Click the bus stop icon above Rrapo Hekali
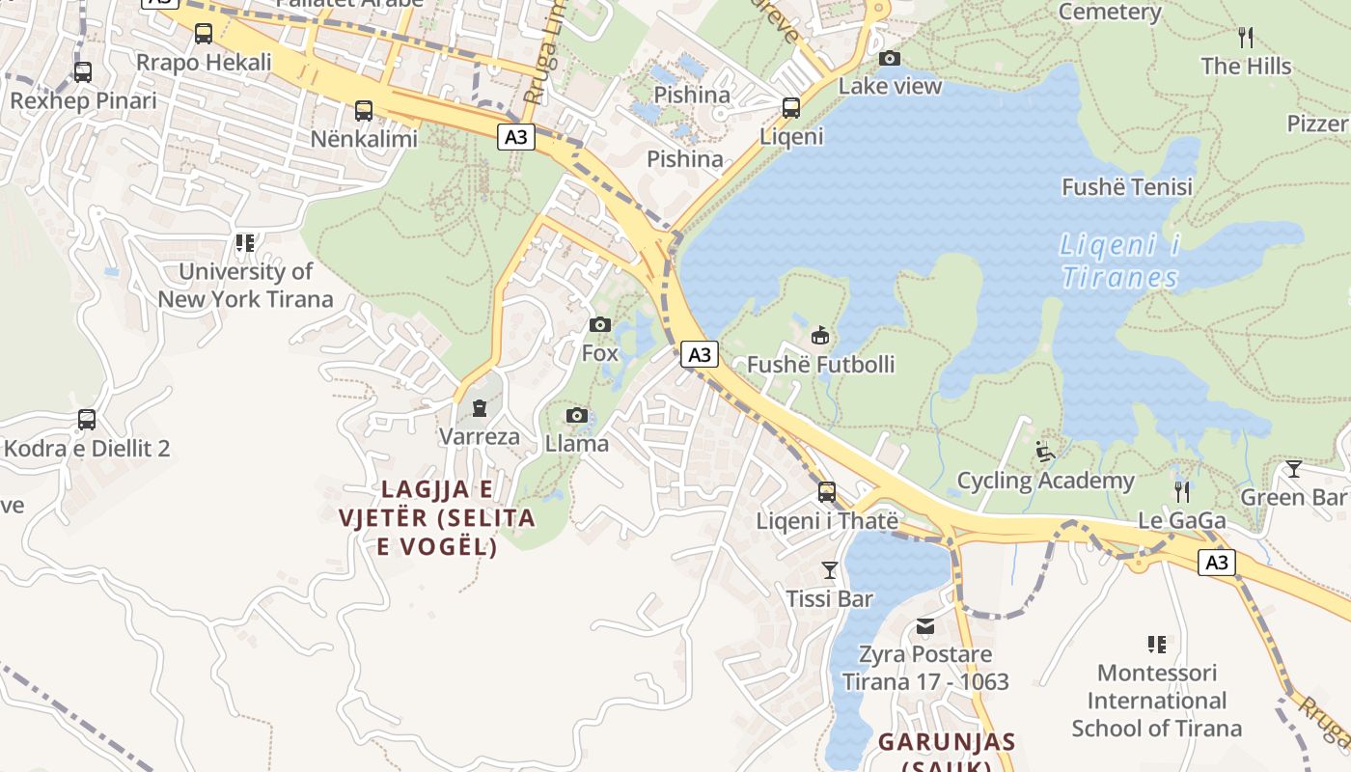(204, 34)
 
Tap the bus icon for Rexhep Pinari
(83, 71)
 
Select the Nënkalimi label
(364, 139)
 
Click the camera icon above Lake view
(890, 59)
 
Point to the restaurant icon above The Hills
(1246, 38)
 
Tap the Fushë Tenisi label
(1127, 187)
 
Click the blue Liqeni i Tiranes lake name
(1120, 262)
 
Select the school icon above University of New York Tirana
(245, 242)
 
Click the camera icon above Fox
(600, 324)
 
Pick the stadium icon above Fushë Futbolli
(820, 336)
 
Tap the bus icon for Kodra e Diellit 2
(87, 420)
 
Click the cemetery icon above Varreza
(480, 408)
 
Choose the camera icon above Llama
(577, 416)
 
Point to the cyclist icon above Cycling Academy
(1045, 451)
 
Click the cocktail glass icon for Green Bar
(1293, 469)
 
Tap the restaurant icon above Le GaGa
(1181, 492)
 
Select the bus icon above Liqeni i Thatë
(827, 492)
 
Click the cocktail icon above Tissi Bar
(830, 570)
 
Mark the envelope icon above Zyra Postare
(925, 626)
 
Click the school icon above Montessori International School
(1156, 644)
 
